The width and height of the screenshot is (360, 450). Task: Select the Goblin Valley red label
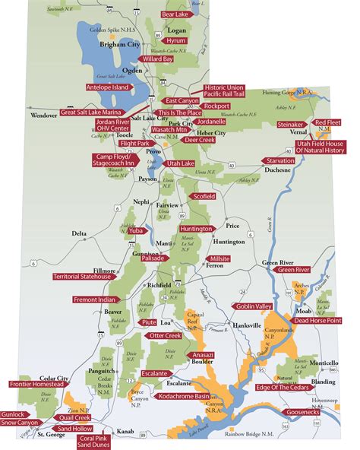click(x=254, y=306)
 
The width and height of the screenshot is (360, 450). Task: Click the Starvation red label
click(x=281, y=161)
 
